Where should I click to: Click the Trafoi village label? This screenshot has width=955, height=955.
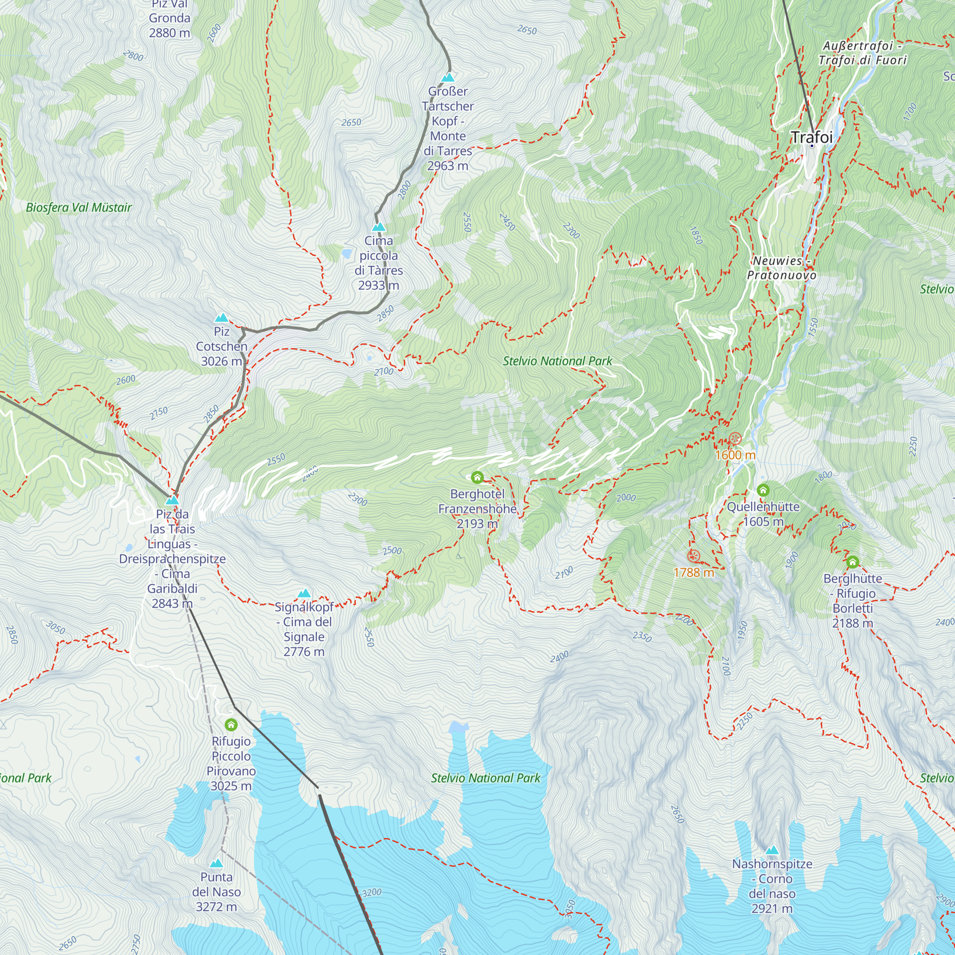coord(812,137)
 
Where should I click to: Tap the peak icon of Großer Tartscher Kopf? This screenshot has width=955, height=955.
coord(448,77)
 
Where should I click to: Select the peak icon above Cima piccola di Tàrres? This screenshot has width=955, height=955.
coord(379,227)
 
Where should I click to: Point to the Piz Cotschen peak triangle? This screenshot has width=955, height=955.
coord(222,318)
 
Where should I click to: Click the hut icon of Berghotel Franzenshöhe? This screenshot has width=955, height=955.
coord(477,477)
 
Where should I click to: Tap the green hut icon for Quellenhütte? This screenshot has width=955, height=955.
coord(763,490)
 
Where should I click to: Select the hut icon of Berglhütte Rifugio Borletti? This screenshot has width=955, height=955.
coord(853,562)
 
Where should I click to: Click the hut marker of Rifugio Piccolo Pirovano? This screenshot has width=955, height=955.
coord(231,725)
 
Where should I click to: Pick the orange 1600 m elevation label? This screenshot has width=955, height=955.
coord(735,455)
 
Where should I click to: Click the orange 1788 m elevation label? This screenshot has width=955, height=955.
coord(694,573)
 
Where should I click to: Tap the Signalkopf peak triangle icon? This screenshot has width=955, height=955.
coord(304,593)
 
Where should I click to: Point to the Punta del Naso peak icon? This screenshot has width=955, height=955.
coord(216,863)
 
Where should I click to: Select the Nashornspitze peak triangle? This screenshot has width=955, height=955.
coord(772,850)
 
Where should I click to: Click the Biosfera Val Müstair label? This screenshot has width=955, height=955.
coord(79,208)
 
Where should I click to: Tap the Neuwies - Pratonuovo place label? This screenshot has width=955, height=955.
coord(782,268)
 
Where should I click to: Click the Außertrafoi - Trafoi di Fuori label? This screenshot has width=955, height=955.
coord(862,53)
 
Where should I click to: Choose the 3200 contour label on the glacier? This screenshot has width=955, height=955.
coord(371,892)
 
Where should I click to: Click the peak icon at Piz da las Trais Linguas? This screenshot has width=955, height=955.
coord(172,500)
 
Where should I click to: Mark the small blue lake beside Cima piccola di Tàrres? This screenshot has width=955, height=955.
coord(347,254)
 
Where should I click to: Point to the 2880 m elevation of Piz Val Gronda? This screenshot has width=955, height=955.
coord(170,33)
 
